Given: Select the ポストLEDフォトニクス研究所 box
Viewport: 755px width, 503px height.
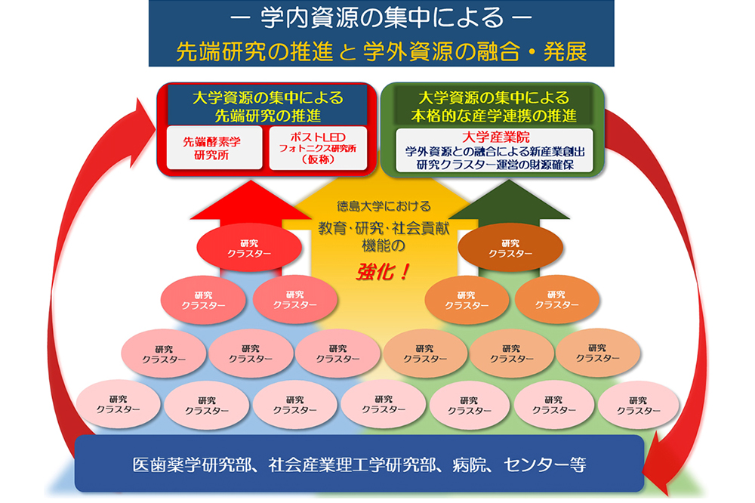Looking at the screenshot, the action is point(318,148).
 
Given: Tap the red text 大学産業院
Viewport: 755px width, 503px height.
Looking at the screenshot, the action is point(495,137).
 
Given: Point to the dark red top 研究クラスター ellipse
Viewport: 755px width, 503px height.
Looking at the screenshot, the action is point(249,248).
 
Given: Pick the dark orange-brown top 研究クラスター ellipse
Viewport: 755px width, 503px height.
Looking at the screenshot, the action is point(510,248).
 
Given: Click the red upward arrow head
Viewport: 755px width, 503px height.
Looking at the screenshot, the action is point(250,200).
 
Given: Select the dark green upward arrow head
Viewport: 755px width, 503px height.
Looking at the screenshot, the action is point(509,200).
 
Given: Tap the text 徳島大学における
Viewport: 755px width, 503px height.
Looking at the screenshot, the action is point(384,207).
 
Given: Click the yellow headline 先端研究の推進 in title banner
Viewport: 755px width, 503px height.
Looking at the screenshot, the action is point(254,51).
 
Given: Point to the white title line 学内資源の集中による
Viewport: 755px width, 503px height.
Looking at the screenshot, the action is point(381,18).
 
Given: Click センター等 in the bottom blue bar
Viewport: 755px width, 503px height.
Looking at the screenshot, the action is point(545,465).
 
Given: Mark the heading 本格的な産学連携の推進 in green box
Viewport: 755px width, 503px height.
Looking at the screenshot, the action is point(493,116).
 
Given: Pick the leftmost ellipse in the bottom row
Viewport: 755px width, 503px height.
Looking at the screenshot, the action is point(118,404).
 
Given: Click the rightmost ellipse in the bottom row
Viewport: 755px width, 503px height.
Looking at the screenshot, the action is point(638,405).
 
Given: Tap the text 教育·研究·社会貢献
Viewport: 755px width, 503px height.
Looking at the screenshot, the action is point(384,228).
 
